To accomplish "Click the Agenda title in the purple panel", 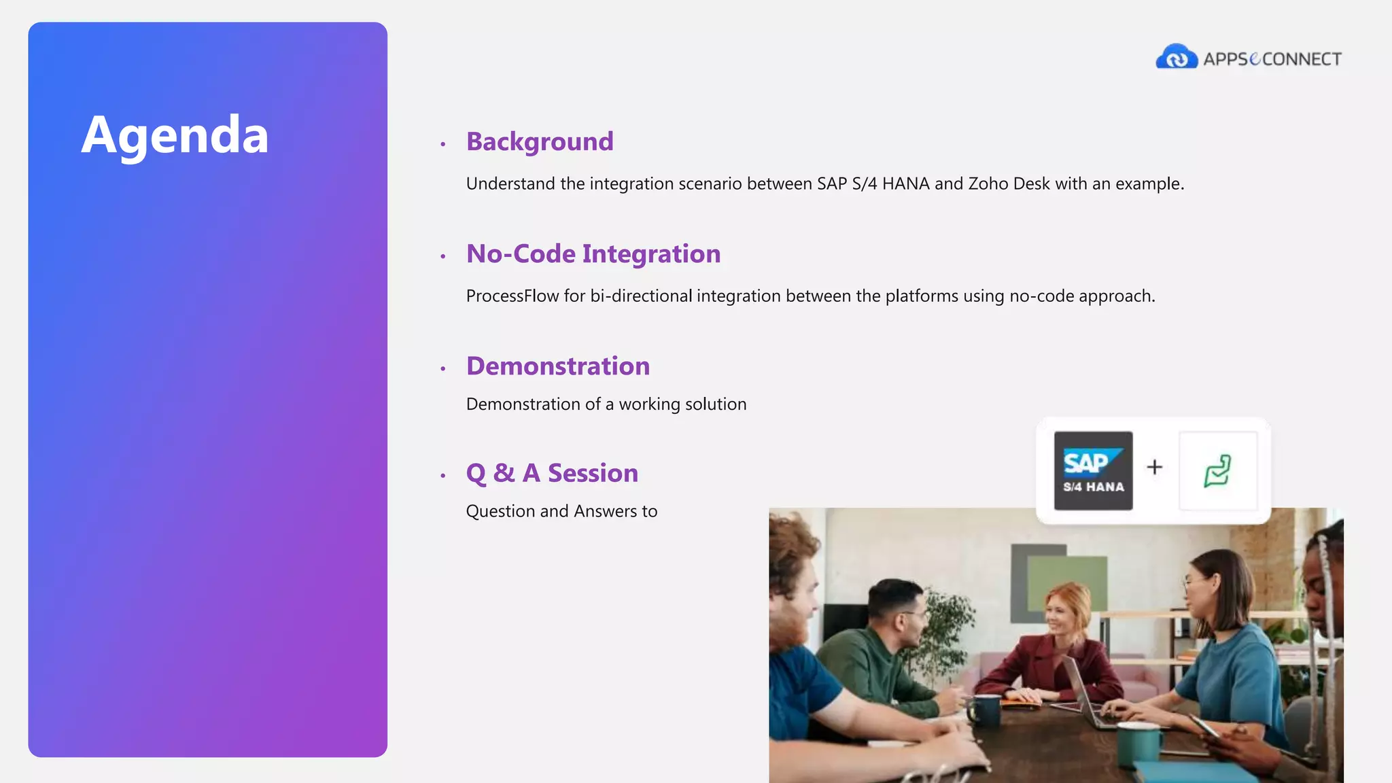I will [x=175, y=135].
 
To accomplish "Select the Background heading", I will [x=540, y=141].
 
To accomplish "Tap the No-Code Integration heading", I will [x=593, y=254].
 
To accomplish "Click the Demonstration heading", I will [x=557, y=366].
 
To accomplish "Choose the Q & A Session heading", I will [x=552, y=473].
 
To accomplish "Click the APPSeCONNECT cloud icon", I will [x=1176, y=57].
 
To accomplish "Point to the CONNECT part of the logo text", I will [x=1302, y=59].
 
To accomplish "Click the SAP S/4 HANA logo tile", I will [x=1093, y=470].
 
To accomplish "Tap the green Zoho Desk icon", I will [x=1217, y=470].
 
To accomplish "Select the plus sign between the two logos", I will [x=1154, y=467].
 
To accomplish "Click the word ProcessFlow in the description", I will [x=512, y=296].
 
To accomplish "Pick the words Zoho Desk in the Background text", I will [x=1009, y=184].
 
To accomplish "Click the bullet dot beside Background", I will [x=443, y=144].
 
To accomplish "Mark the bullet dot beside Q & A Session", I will [x=443, y=476].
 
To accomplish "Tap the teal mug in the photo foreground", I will [x=1136, y=742].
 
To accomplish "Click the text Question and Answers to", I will [x=561, y=511].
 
